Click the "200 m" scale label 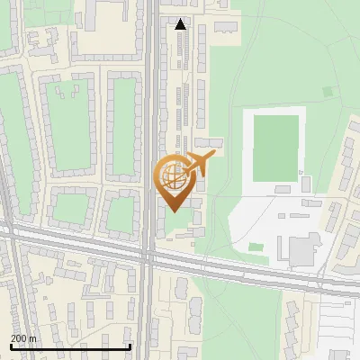tap(24, 338)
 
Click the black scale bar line tap(70, 346)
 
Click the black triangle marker tap(181, 24)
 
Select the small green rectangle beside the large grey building tap(256, 247)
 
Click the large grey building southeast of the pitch tap(301, 247)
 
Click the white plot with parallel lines tap(337, 328)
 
